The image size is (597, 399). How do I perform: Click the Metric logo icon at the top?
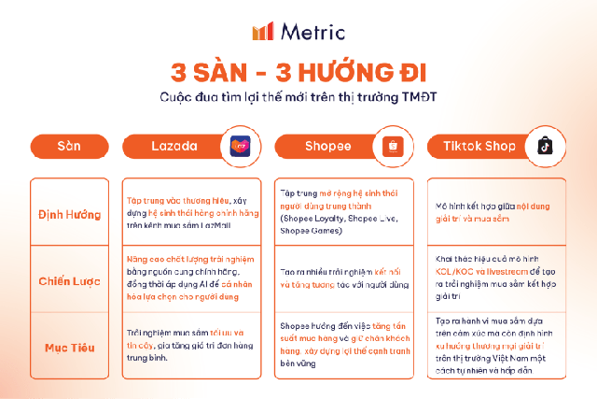[263, 31]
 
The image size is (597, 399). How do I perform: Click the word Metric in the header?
[311, 31]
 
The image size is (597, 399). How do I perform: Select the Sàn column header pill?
[69, 147]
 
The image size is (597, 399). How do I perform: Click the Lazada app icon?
[241, 147]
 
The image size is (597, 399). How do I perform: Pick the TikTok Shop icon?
[545, 147]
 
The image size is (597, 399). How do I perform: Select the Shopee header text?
[328, 147]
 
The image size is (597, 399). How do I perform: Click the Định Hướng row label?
[69, 214]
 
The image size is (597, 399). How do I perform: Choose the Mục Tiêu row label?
[69, 348]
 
